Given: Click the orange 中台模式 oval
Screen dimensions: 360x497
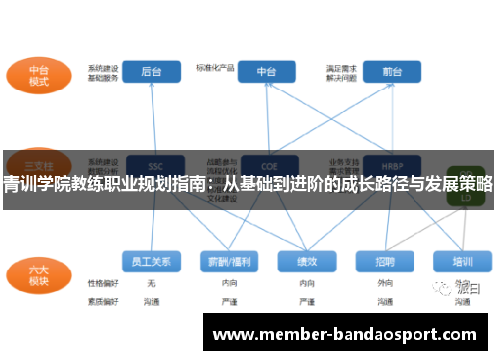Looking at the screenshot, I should pos(39,75).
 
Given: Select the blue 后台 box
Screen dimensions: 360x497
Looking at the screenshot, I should pos(151,72).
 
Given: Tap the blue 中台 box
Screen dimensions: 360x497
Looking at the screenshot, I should pos(266,72).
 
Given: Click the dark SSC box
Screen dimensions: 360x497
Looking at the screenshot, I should pos(153,165).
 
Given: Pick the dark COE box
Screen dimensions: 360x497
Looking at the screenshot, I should pos(266,165).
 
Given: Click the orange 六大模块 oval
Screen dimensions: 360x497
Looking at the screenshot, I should pos(38,273).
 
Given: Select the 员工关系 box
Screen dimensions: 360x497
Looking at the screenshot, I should pos(151,261).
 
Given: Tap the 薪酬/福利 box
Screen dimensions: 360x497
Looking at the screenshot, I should pos(227,261).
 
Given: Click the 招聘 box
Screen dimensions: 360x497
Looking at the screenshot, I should pos(385,261).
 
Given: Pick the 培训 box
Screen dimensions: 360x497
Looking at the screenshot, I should pos(462,261).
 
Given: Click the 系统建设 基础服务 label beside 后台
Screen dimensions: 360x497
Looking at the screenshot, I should pos(103,72).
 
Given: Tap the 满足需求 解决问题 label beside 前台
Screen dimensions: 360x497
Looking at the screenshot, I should pos(341,72).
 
